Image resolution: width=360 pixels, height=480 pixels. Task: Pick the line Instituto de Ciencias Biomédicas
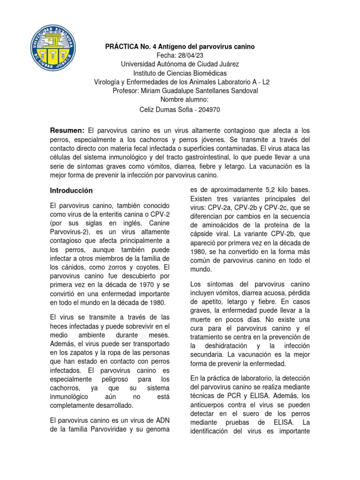(x=180, y=73)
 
